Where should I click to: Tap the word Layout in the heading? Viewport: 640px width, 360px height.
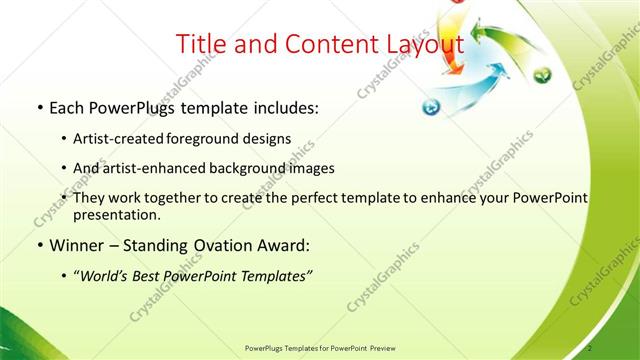tap(417, 45)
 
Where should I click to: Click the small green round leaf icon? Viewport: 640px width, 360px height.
tap(542, 75)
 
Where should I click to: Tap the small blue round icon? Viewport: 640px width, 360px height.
tap(430, 107)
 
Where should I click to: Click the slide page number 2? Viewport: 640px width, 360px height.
tap(592, 347)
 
